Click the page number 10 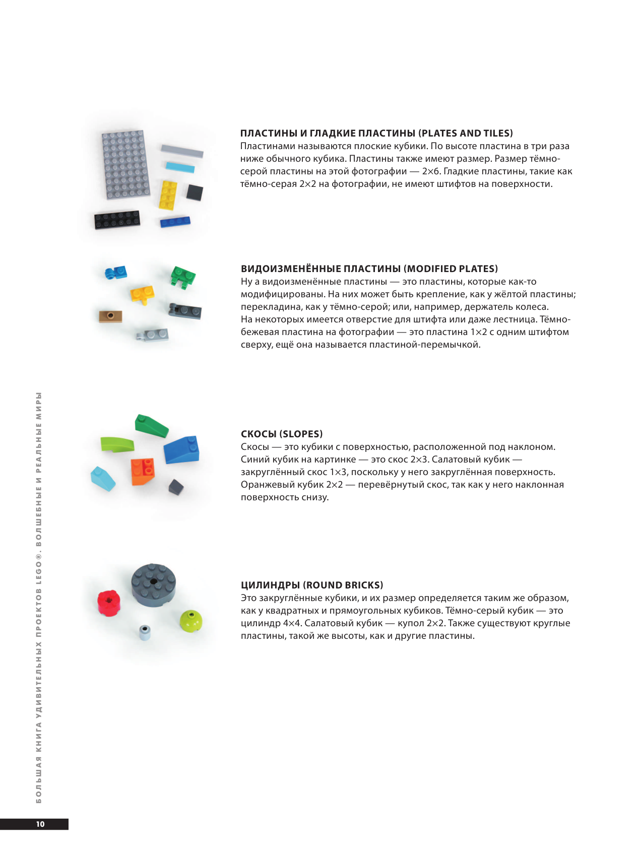point(40,824)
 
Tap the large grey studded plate point(126,164)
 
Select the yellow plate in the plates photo point(168,195)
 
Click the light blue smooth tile point(180,167)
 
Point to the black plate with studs point(117,219)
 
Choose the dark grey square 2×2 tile point(195,192)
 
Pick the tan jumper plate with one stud point(110,316)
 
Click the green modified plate point(182,277)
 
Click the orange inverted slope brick point(143,471)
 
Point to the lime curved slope point(117,444)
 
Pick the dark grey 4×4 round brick point(154,585)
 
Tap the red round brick point(109,603)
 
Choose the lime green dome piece point(191,621)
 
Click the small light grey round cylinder point(145,632)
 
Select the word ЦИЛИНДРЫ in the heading point(270,585)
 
